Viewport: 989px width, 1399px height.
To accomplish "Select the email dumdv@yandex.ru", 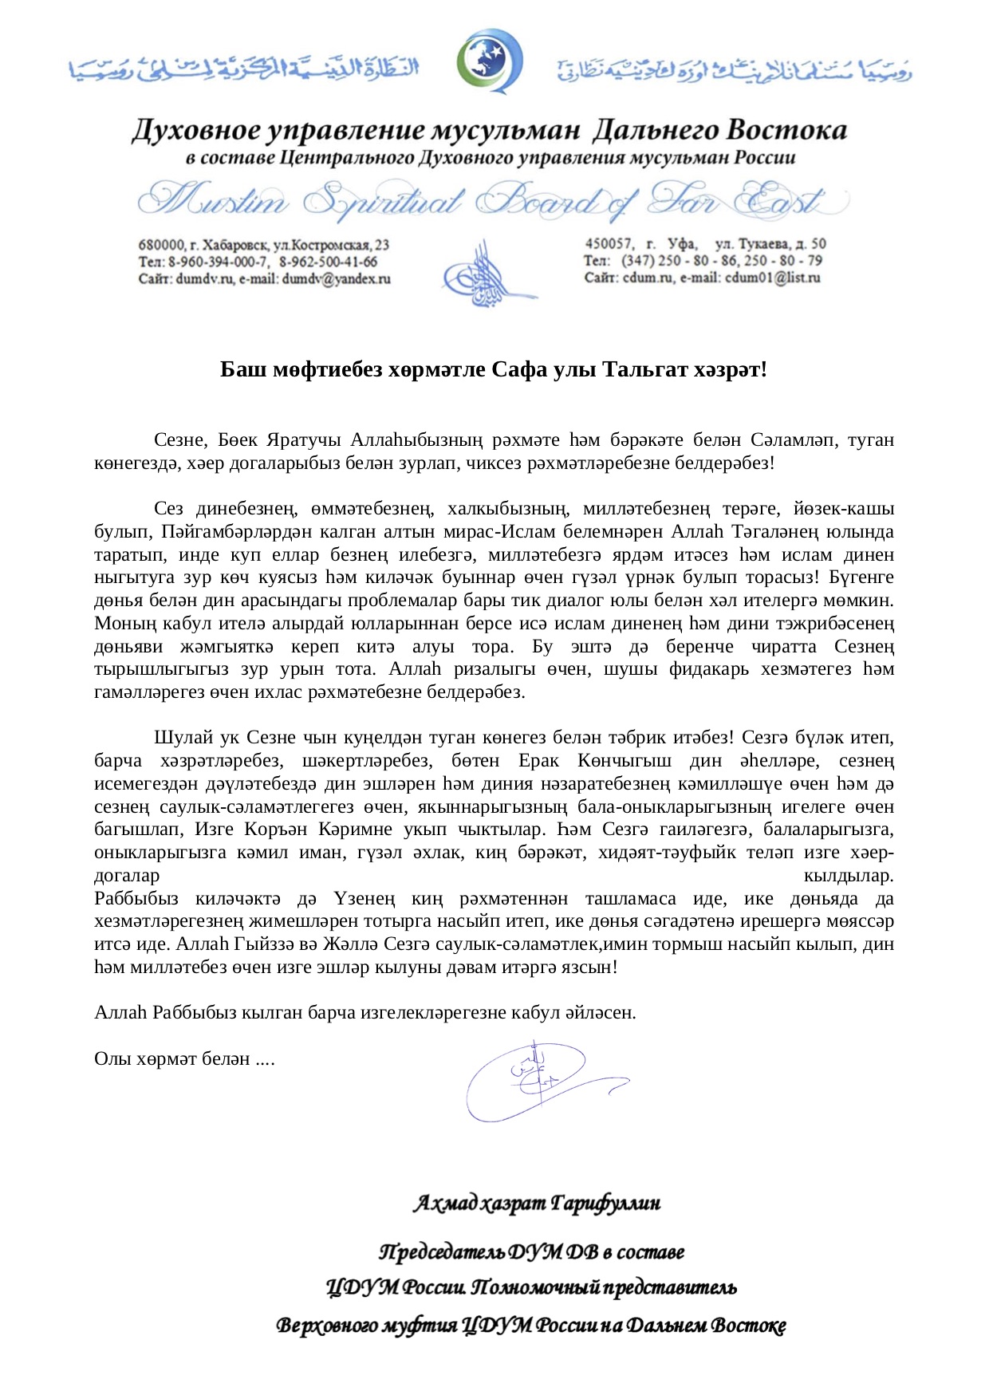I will tap(336, 279).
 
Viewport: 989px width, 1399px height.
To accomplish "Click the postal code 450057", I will tap(609, 244).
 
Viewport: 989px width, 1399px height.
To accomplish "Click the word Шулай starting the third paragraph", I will tap(181, 738).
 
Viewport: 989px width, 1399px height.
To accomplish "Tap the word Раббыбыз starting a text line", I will tap(136, 899).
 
